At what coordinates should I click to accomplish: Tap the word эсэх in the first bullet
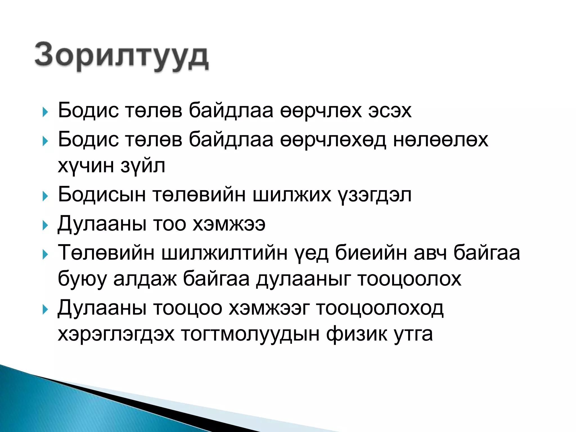click(390, 111)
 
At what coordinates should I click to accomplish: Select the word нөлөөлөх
click(440, 140)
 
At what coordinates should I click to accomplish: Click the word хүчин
click(85, 166)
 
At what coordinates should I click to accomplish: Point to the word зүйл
click(143, 166)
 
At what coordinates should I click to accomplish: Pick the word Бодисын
click(102, 195)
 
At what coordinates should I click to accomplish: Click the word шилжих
click(292, 195)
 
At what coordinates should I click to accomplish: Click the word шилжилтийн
click(224, 253)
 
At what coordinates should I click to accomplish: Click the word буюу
click(82, 279)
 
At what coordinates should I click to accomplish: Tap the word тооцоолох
click(409, 279)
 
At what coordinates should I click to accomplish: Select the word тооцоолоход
click(380, 308)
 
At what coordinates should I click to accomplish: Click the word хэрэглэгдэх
click(116, 334)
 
